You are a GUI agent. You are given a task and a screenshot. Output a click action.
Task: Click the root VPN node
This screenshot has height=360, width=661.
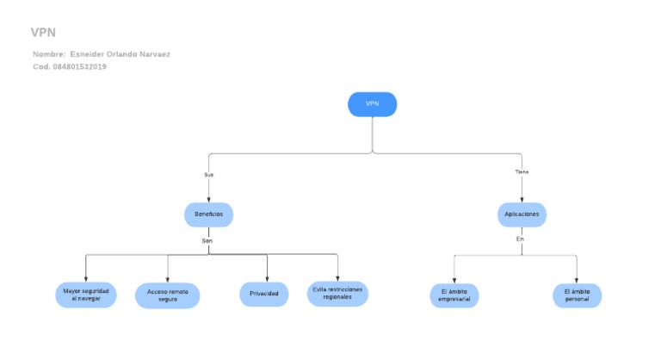click(372, 104)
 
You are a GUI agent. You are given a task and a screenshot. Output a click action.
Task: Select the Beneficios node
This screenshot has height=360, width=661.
click(208, 214)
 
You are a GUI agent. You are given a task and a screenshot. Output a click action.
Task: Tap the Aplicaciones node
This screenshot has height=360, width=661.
click(522, 214)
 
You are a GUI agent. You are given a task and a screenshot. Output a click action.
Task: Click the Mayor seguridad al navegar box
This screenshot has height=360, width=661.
click(85, 295)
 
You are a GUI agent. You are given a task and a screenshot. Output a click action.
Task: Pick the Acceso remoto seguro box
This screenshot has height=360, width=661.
click(168, 295)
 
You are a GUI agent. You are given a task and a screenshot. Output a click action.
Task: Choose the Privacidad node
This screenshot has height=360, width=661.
click(263, 295)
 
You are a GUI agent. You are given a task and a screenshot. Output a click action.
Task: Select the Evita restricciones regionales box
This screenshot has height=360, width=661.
click(338, 294)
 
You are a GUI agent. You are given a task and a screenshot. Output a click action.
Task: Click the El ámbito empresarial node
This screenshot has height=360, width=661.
click(454, 295)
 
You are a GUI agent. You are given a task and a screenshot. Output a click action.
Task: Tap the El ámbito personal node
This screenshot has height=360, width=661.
click(577, 295)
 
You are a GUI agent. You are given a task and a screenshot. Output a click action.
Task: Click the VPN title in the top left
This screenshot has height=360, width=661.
click(43, 33)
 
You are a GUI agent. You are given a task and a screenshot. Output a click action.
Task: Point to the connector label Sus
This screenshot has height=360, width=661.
click(208, 175)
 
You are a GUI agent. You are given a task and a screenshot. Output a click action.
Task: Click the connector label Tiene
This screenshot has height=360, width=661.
click(522, 172)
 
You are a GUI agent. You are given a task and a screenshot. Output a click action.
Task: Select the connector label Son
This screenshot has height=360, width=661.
click(207, 240)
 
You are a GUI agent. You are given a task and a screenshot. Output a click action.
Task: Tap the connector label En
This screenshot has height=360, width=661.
click(520, 239)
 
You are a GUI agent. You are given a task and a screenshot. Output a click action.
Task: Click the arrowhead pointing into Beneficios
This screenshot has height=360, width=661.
click(208, 199)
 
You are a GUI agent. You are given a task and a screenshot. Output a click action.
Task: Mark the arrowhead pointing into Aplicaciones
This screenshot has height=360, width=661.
click(522, 199)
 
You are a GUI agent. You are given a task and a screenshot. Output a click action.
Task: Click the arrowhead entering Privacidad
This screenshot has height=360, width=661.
click(267, 279)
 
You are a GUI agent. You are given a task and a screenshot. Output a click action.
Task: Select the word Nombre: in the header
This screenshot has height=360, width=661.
click(49, 54)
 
